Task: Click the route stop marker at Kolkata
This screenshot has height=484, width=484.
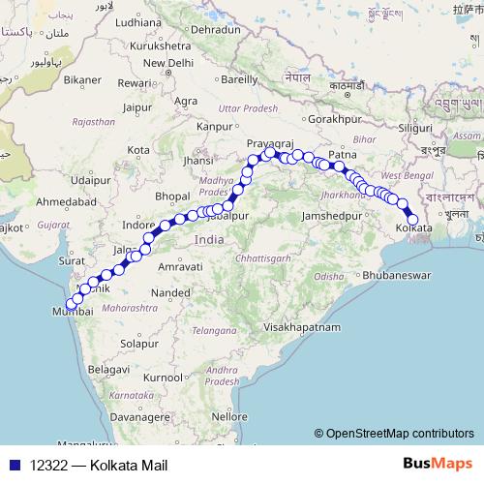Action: click(x=413, y=220)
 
